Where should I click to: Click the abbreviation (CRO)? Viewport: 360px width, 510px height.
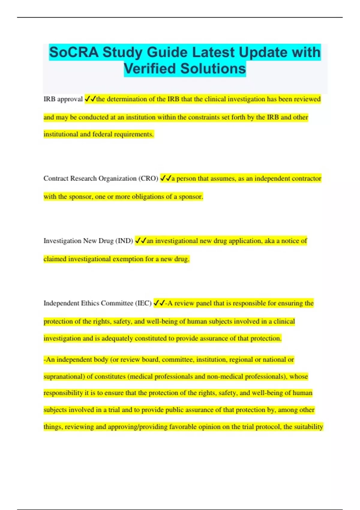click(148, 178)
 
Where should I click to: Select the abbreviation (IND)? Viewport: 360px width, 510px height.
click(124, 241)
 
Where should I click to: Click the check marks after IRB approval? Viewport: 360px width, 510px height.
click(90, 99)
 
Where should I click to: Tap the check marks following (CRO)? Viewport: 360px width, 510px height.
click(166, 178)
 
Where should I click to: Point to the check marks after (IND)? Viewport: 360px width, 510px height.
click(140, 241)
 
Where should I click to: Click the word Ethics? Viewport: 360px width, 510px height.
click(90, 303)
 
